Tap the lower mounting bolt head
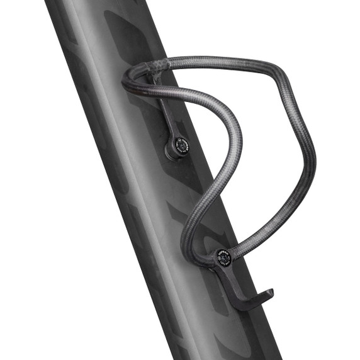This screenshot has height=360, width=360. pyautogui.click(x=223, y=257)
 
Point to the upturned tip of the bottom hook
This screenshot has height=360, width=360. pyautogui.click(x=269, y=293)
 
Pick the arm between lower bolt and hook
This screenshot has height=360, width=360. pyautogui.click(x=233, y=281)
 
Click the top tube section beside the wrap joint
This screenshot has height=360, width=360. pyautogui.click(x=208, y=61)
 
